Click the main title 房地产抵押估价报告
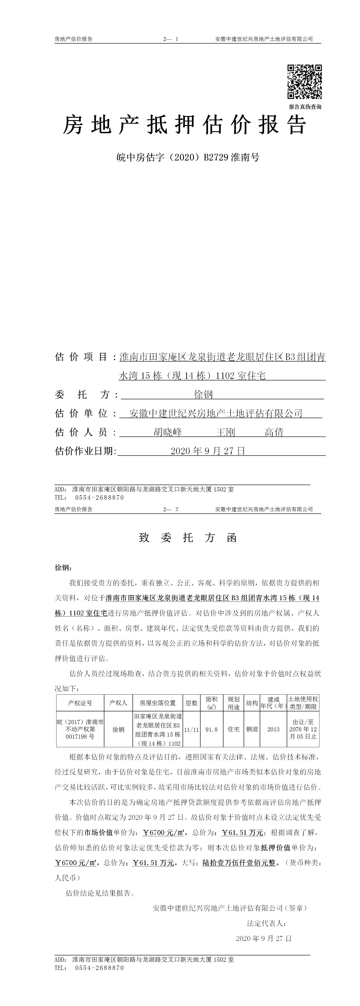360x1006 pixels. (x=185, y=125)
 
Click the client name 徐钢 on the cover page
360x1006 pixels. (x=203, y=395)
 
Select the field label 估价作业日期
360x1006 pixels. (x=86, y=451)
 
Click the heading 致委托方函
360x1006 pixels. (x=188, y=538)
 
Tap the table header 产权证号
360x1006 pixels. (x=80, y=703)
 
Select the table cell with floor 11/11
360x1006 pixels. (x=191, y=729)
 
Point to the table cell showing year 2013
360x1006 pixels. (x=273, y=729)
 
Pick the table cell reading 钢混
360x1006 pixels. (x=252, y=729)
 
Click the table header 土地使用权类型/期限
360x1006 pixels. (x=303, y=703)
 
